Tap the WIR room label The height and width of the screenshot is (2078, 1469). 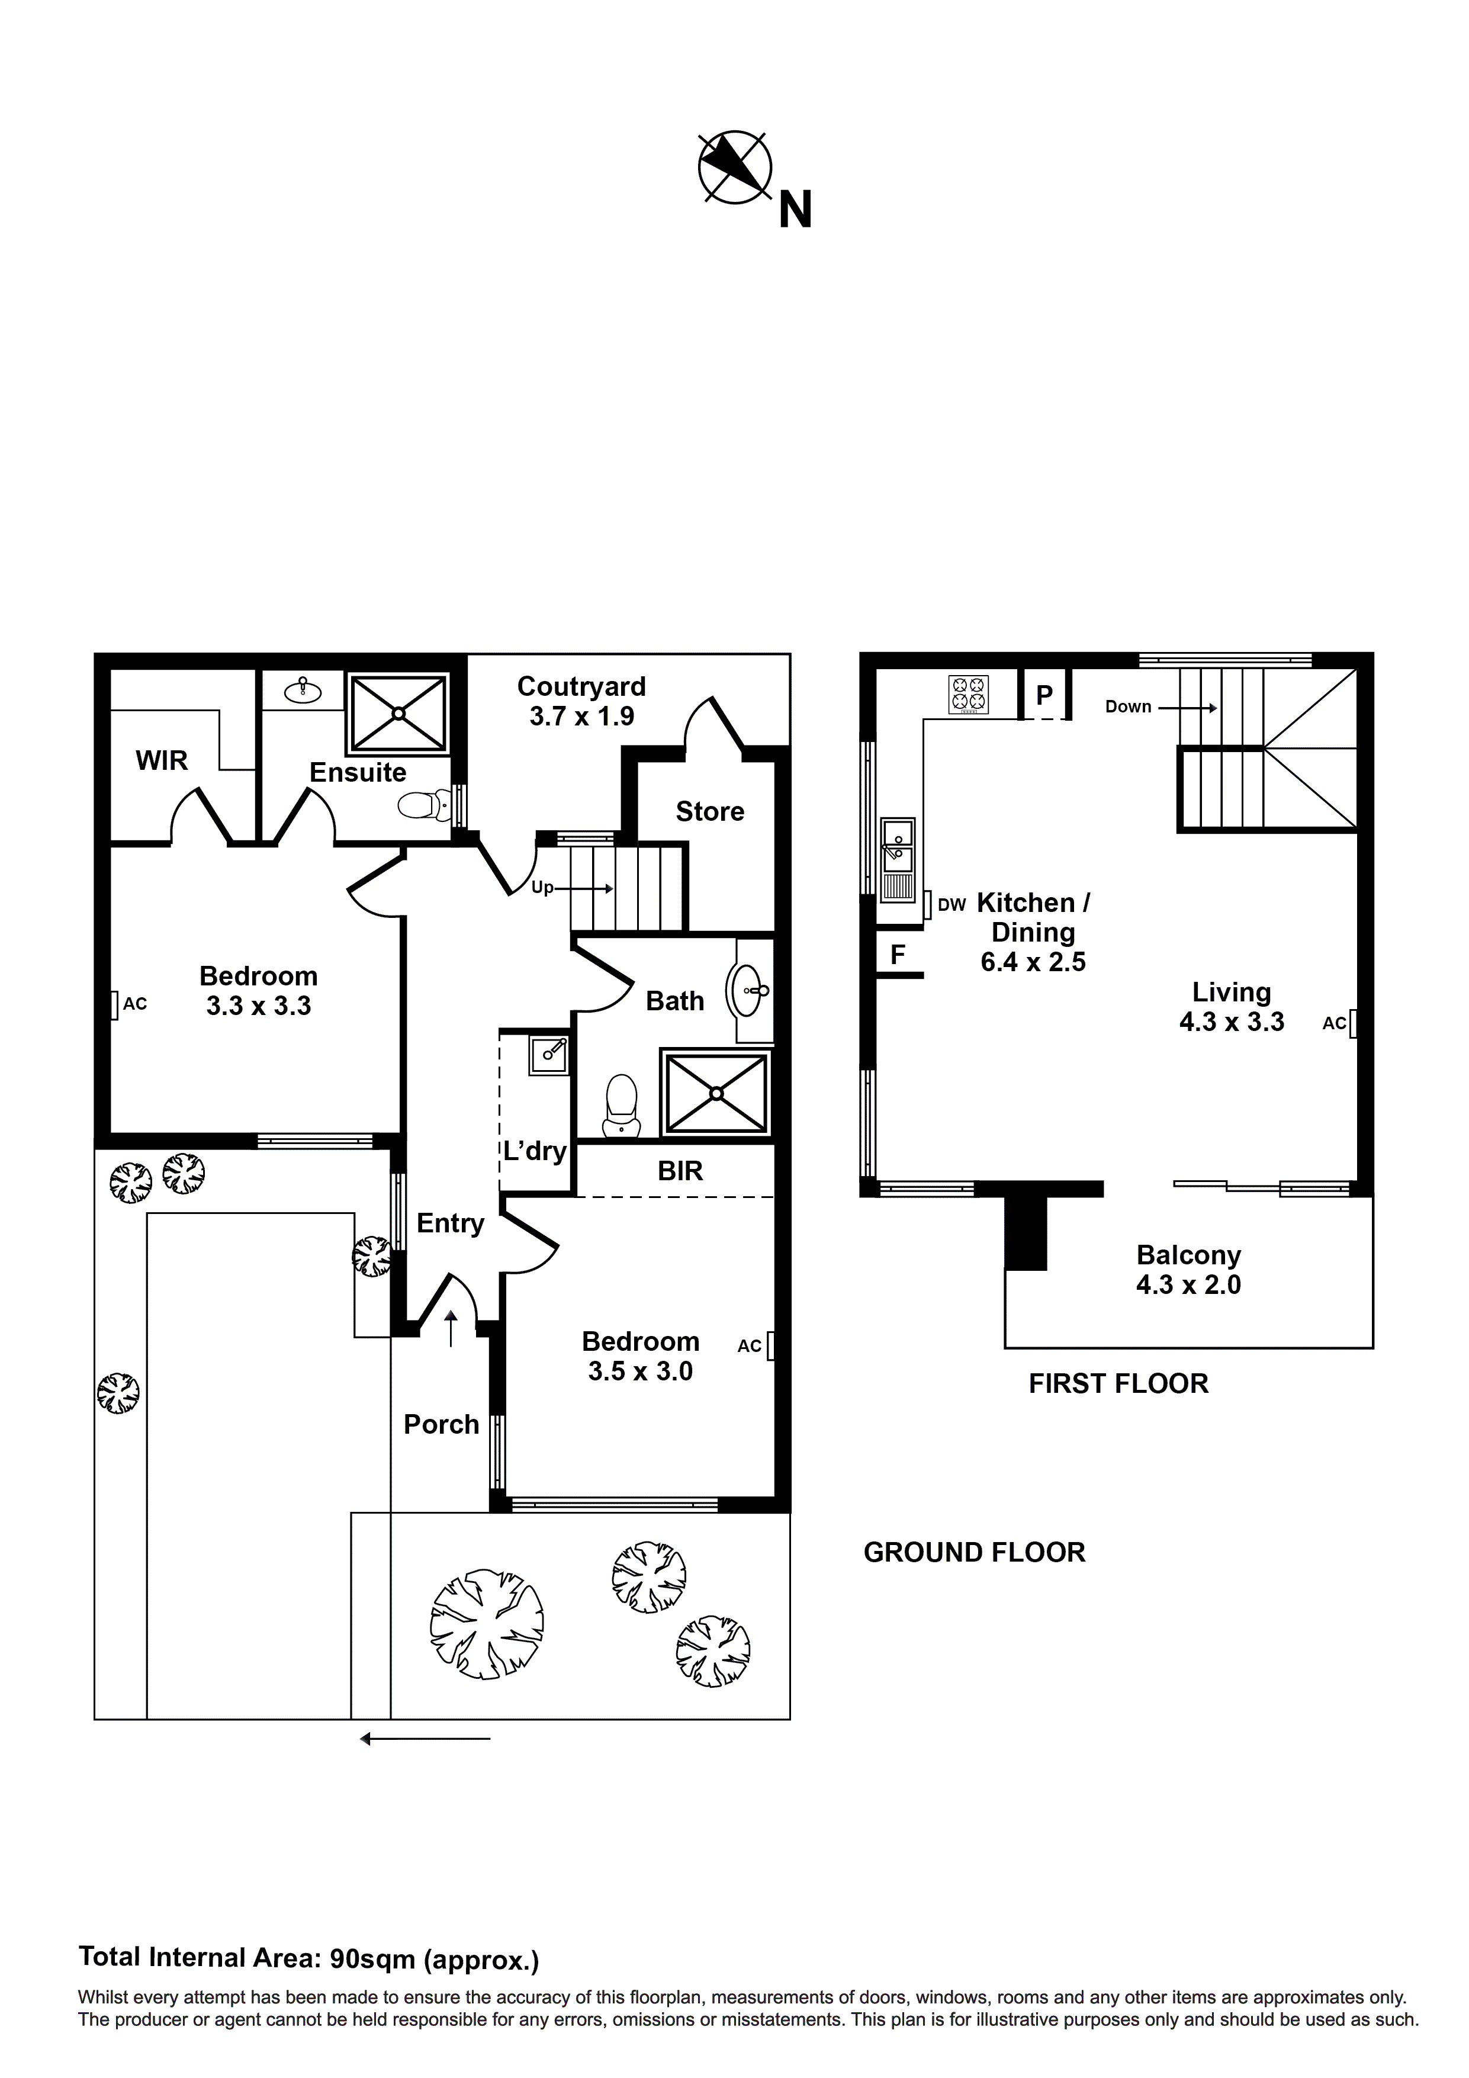click(162, 761)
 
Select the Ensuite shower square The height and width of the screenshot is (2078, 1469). click(398, 712)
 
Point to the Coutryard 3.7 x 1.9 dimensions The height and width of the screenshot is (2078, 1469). click(581, 717)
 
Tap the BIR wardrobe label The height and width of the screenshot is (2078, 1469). click(680, 1171)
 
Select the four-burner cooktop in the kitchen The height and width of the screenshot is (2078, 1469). click(969, 694)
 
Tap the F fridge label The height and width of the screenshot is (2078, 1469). click(898, 955)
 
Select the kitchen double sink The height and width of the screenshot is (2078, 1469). click(898, 859)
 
